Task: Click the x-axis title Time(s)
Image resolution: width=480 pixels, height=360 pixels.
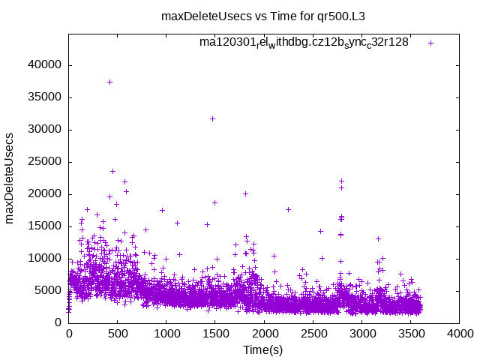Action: (x=263, y=349)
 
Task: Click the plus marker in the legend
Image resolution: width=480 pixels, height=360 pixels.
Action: (x=430, y=43)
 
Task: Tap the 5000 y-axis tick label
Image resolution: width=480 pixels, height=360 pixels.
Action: (x=48, y=290)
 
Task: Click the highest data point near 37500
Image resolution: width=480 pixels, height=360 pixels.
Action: (x=109, y=82)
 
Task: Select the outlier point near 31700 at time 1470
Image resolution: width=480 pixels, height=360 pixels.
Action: (x=212, y=118)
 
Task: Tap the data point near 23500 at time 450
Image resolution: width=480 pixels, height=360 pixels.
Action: (x=112, y=171)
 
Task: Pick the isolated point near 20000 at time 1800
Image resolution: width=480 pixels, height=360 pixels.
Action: (x=245, y=193)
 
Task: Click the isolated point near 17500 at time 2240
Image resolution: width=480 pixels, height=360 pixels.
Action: (x=288, y=209)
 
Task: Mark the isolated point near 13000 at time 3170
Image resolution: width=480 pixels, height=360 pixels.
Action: (x=378, y=238)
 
